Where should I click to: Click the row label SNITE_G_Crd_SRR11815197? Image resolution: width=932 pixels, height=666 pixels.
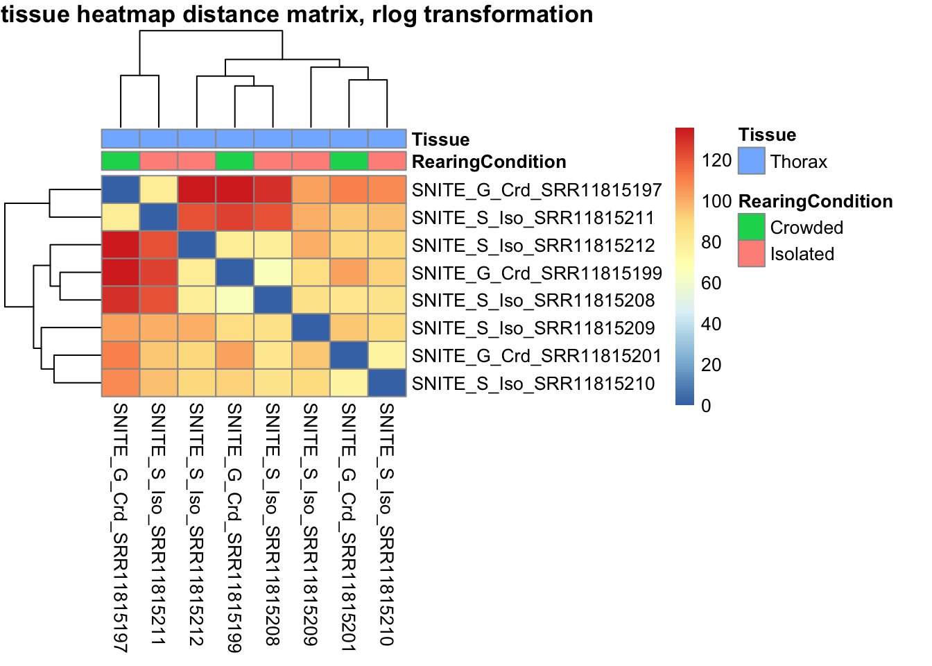click(536, 190)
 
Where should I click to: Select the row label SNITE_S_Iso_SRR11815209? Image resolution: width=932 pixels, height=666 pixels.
click(533, 328)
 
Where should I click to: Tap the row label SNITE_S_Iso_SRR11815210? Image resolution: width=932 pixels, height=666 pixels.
click(533, 384)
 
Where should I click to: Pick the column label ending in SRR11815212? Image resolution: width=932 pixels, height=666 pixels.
click(196, 524)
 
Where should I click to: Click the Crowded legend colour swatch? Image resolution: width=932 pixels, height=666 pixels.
click(751, 228)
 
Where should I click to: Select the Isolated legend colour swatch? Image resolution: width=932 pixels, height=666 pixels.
click(751, 254)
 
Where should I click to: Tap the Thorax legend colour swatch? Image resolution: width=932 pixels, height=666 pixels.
click(751, 161)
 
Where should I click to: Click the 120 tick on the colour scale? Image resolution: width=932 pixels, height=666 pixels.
click(716, 160)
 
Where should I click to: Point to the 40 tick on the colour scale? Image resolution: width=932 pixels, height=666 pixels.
click(711, 324)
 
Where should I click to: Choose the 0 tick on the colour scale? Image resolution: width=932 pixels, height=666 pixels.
click(706, 406)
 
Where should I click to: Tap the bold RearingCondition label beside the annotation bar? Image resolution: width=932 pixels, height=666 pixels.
click(489, 162)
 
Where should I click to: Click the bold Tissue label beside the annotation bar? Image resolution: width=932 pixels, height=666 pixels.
click(440, 139)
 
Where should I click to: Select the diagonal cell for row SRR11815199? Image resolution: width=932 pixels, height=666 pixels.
click(234, 273)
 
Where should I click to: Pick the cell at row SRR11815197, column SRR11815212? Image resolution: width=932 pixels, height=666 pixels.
click(196, 190)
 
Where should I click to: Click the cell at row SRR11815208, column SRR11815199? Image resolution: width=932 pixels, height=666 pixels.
click(234, 300)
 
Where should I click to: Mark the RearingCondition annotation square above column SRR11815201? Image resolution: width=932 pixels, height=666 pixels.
click(349, 161)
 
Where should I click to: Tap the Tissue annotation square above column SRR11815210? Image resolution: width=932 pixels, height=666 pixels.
click(387, 139)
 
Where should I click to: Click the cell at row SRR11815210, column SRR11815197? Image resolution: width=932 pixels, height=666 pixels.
click(121, 384)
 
